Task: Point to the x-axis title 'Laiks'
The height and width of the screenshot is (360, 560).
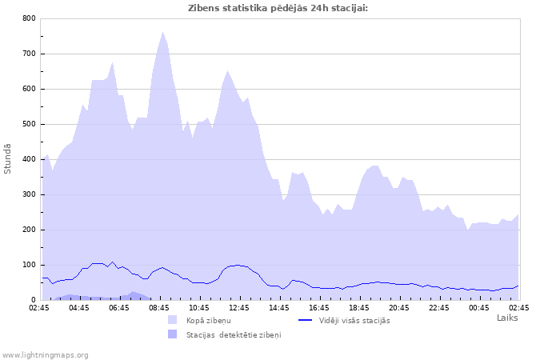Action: pyautogui.click(x=507, y=318)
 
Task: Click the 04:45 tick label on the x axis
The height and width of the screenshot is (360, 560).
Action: pyautogui.click(x=79, y=307)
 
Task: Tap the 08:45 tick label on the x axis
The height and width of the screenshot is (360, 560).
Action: pyautogui.click(x=159, y=307)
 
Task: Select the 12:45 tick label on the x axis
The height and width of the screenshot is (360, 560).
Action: pyautogui.click(x=239, y=307)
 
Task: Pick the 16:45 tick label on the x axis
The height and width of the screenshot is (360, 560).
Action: pyautogui.click(x=319, y=307)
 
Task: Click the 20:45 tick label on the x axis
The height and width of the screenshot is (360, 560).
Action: pyautogui.click(x=399, y=307)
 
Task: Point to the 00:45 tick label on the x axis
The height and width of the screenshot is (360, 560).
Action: pyautogui.click(x=479, y=307)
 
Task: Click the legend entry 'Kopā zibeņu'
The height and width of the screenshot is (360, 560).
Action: pyautogui.click(x=209, y=320)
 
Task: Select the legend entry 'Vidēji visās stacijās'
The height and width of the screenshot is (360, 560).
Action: pyautogui.click(x=354, y=320)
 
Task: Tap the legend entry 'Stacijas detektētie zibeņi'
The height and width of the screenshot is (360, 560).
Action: pyautogui.click(x=234, y=334)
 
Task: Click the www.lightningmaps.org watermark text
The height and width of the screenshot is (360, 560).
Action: pyautogui.click(x=46, y=354)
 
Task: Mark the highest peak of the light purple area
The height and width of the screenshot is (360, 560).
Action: pyautogui.click(x=162, y=32)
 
